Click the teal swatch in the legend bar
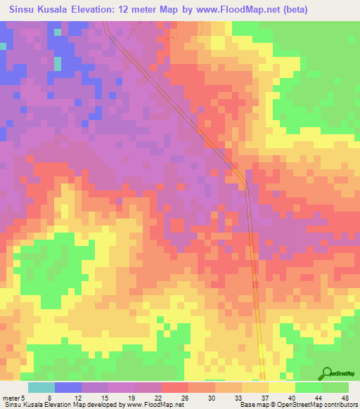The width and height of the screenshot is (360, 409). (x=41, y=387)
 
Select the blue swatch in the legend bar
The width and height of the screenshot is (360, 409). (x=68, y=387)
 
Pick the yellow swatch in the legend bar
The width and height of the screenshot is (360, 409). (x=282, y=387)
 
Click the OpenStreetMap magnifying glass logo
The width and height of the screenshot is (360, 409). (x=327, y=373)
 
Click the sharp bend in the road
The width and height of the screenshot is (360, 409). (x=245, y=184)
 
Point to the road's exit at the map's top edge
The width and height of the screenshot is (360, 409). (x=105, y=22)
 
